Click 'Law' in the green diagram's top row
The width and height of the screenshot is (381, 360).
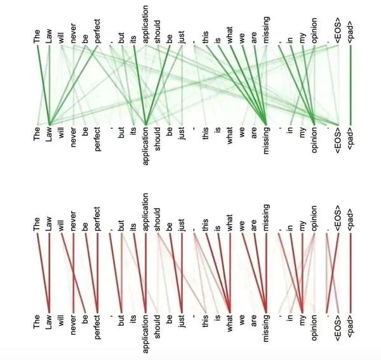click(x=49, y=36)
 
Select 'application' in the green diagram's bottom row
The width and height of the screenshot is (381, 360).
click(x=145, y=146)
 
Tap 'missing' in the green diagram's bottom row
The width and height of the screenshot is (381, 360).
click(x=266, y=140)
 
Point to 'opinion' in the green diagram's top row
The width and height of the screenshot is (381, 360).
click(x=314, y=30)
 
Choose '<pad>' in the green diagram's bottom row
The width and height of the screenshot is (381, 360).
click(x=350, y=137)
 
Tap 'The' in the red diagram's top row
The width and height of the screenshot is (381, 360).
click(x=36, y=224)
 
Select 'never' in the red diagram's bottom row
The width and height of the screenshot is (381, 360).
click(x=73, y=325)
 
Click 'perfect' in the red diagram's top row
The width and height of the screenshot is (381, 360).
click(x=97, y=218)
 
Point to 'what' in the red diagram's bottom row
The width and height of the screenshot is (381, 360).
click(x=230, y=323)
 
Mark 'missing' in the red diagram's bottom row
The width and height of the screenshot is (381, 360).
click(x=266, y=328)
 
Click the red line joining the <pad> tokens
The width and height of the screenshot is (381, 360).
click(x=351, y=272)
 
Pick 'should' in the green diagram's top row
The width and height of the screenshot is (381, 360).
click(x=157, y=32)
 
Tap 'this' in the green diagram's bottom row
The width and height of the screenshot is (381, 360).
click(x=205, y=133)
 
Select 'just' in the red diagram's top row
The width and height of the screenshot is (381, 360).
click(x=182, y=225)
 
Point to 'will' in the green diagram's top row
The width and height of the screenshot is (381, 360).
click(x=61, y=37)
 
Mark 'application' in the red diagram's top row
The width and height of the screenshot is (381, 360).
click(x=145, y=212)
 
